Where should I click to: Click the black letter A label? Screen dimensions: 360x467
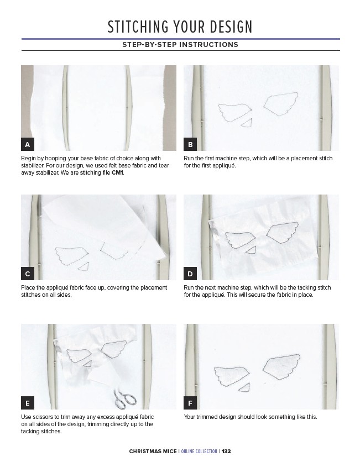point(28,144)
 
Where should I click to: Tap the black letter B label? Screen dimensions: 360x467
point(190,144)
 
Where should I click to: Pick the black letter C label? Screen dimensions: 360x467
point(28,274)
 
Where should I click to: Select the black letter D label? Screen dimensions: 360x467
point(190,274)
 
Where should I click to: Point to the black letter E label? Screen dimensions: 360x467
point(28,403)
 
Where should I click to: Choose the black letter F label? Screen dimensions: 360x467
point(190,403)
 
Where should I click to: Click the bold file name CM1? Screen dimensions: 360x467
point(117,173)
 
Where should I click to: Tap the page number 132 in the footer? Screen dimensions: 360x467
point(226,451)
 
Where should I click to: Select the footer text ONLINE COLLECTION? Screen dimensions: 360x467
point(199,451)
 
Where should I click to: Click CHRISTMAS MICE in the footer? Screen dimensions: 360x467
point(153,451)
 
